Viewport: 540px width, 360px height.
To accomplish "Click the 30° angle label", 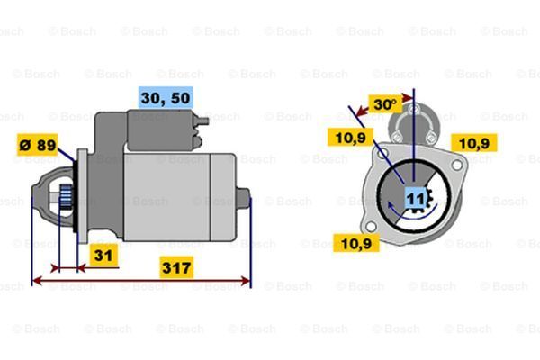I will (385, 104).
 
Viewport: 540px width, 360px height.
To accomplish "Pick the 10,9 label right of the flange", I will (475, 142).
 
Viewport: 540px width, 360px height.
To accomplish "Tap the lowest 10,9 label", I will (355, 242).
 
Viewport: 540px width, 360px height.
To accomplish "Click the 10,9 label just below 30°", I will (350, 137).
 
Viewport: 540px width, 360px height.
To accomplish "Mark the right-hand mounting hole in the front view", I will (458, 166).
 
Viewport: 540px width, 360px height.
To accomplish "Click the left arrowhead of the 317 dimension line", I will (34, 282).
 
